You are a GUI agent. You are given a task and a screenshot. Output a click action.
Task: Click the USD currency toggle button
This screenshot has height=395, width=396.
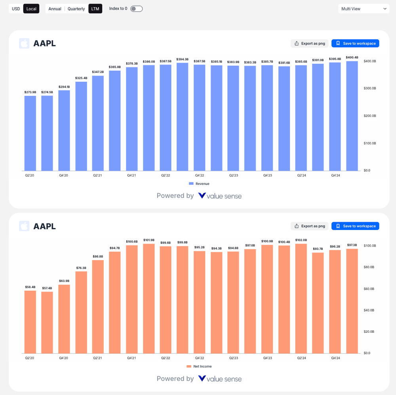coord(16,9)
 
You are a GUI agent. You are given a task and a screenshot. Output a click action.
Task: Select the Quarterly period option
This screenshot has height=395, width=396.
coord(76,9)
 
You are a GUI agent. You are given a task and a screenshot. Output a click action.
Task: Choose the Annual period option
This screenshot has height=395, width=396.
coord(55,9)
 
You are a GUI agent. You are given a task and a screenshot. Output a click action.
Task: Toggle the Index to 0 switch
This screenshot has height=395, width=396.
coord(136,9)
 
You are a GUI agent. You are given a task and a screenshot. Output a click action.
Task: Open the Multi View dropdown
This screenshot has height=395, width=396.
coord(364,9)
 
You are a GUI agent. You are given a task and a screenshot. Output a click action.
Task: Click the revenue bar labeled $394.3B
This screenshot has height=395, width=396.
coord(183,117)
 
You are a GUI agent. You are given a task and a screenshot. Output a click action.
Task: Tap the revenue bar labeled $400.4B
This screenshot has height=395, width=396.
coord(352,116)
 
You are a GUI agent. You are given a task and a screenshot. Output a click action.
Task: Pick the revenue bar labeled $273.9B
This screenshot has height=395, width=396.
coord(30,133)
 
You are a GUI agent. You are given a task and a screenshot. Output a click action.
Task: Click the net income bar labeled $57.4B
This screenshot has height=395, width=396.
coord(47,322)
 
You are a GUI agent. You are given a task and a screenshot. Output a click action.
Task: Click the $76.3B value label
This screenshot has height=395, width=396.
coord(81,268)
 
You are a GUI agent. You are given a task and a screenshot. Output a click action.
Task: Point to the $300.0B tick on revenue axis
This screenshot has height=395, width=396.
coord(369,88)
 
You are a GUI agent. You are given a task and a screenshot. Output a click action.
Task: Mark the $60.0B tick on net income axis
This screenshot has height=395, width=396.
coord(369,289)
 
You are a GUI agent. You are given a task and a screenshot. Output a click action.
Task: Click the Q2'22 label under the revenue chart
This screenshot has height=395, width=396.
coord(166,175)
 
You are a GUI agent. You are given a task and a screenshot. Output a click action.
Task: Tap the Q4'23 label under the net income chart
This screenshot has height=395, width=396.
coord(268,358)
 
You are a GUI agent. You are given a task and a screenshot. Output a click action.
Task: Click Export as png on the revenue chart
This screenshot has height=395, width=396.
coord(309,43)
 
